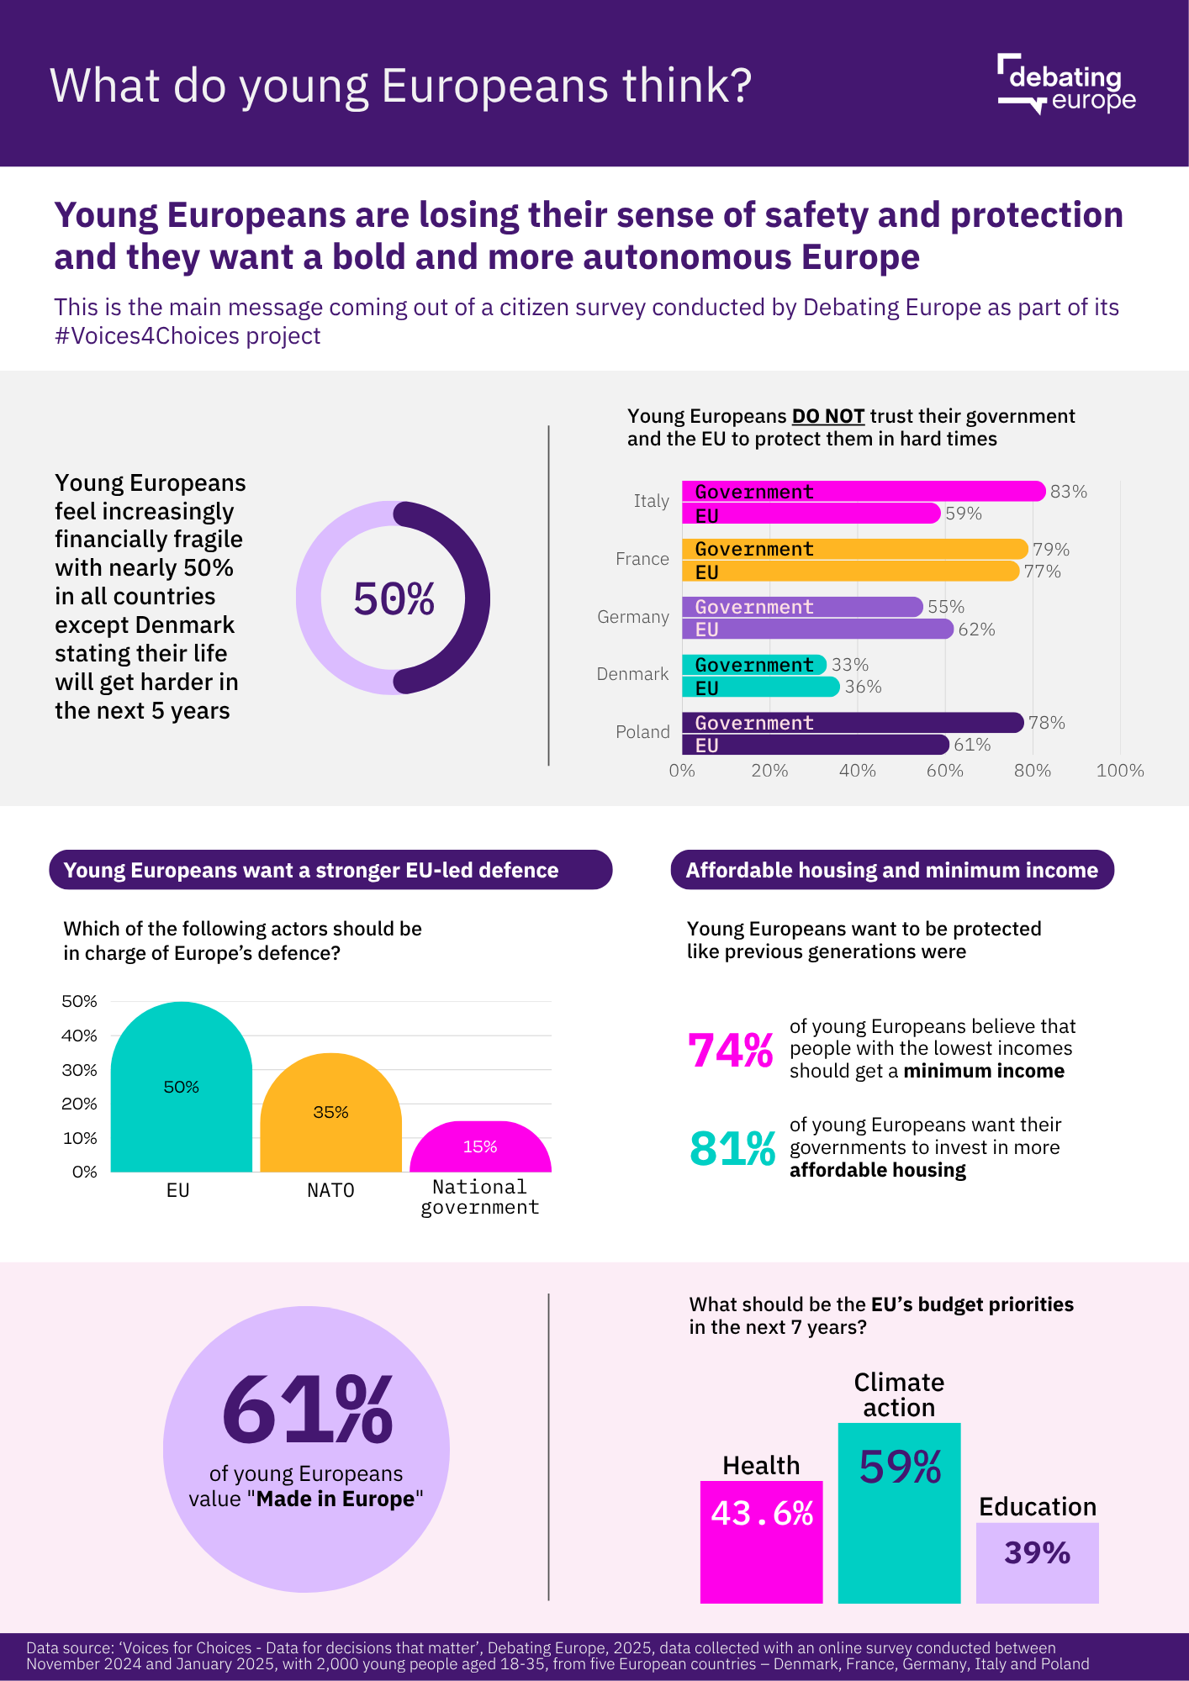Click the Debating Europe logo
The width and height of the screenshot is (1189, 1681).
click(x=1066, y=84)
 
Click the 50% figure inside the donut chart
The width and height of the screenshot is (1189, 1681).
click(x=394, y=599)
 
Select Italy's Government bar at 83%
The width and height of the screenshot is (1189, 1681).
click(x=863, y=492)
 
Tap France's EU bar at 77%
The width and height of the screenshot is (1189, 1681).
click(x=850, y=572)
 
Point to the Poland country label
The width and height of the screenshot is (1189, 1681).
click(x=642, y=732)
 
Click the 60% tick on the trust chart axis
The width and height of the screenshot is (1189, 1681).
click(x=944, y=771)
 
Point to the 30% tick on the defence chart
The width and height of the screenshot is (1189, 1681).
click(x=80, y=1070)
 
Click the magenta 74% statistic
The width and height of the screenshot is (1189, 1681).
click(x=730, y=1051)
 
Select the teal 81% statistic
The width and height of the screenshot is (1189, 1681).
click(x=732, y=1149)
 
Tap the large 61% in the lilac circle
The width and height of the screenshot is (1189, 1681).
click(x=307, y=1410)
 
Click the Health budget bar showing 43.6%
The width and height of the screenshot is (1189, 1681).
click(x=761, y=1541)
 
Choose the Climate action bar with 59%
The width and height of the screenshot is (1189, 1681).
click(x=899, y=1513)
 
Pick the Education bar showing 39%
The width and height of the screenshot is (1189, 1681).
click(x=1037, y=1562)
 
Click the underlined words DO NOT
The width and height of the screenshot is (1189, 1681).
click(x=828, y=417)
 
